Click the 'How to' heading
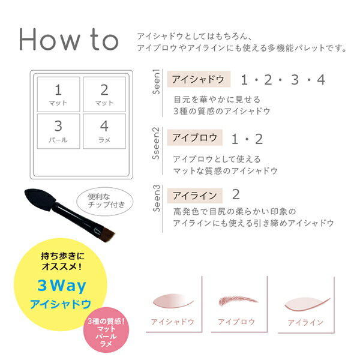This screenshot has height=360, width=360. pyautogui.click(x=69, y=40)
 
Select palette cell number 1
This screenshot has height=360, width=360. pyautogui.click(x=58, y=94)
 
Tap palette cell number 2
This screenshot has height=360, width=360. pyautogui.click(x=104, y=94)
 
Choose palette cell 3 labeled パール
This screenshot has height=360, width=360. pyautogui.click(x=58, y=131)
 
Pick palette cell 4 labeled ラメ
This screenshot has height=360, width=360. pyautogui.click(x=104, y=131)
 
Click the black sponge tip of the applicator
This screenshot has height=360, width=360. pyautogui.click(x=40, y=199)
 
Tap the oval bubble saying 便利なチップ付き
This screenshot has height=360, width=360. pyautogui.click(x=105, y=201)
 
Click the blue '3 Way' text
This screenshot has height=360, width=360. pyautogui.click(x=62, y=286)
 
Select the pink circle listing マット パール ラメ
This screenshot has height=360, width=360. pyautogui.click(x=106, y=330)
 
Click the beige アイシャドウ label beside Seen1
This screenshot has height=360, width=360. pyautogui.click(x=199, y=79)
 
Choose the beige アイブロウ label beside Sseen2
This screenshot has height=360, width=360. pyautogui.click(x=194, y=137)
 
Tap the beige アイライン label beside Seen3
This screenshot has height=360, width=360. pyautogui.click(x=194, y=196)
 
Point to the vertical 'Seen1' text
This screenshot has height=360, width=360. pyautogui.click(x=156, y=82)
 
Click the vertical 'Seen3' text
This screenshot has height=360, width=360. pyautogui.click(x=156, y=199)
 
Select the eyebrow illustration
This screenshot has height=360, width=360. pyautogui.click(x=238, y=301)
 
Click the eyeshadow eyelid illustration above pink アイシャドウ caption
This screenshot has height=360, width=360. pyautogui.click(x=173, y=301)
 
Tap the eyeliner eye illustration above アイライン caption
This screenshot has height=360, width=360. pyautogui.click(x=307, y=304)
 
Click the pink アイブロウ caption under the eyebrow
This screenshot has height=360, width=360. pyautogui.click(x=236, y=322)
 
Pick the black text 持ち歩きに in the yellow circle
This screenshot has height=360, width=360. pyautogui.click(x=62, y=256)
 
